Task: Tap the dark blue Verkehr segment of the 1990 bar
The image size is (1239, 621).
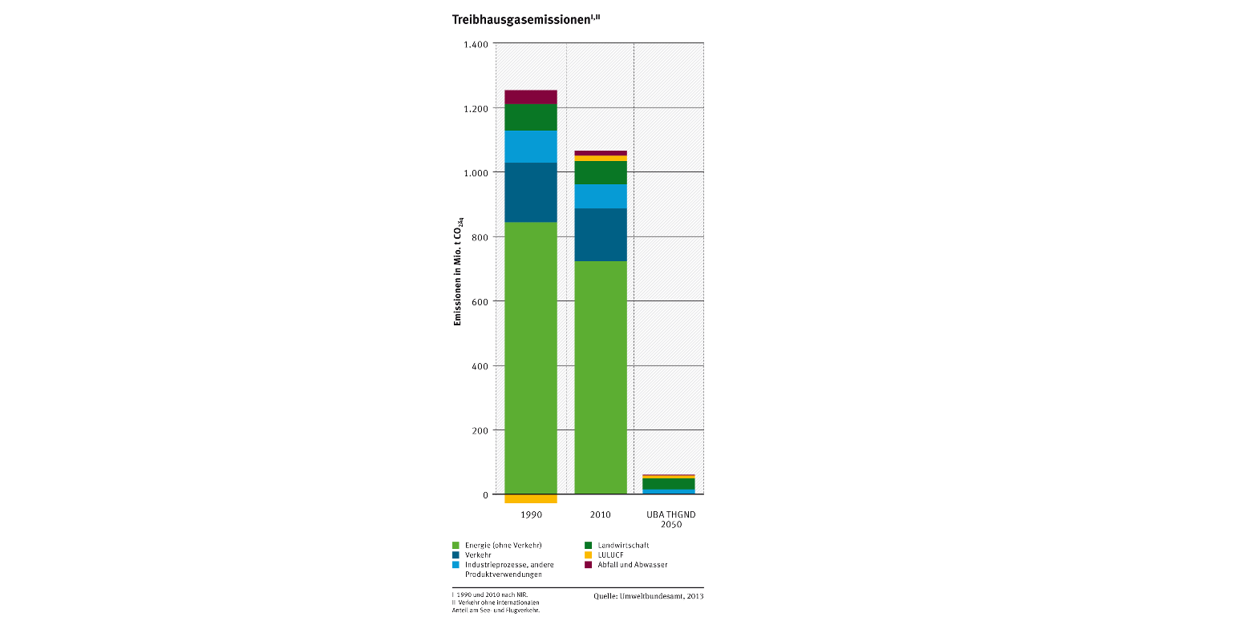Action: point(530,192)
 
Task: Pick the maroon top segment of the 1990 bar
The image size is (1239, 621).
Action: point(530,97)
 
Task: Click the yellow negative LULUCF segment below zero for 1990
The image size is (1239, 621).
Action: point(530,498)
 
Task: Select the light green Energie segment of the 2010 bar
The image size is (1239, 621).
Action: point(600,377)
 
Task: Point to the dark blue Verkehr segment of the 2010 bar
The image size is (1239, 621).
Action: point(600,235)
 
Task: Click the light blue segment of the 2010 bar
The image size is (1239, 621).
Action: point(600,196)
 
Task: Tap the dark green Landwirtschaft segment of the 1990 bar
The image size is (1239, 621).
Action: point(530,117)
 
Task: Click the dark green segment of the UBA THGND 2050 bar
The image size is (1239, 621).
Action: point(668,484)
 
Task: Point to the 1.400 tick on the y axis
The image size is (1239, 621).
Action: point(476,44)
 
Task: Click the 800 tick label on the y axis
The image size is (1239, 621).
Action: point(479,237)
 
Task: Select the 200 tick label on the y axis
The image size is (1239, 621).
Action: point(479,430)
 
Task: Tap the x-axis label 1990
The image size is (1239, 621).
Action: point(530,514)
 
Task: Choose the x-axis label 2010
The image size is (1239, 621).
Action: point(600,514)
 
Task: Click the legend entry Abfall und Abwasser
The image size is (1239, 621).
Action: point(632,565)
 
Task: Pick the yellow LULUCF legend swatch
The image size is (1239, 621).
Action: point(588,554)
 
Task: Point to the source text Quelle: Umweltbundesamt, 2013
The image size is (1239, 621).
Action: point(648,596)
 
